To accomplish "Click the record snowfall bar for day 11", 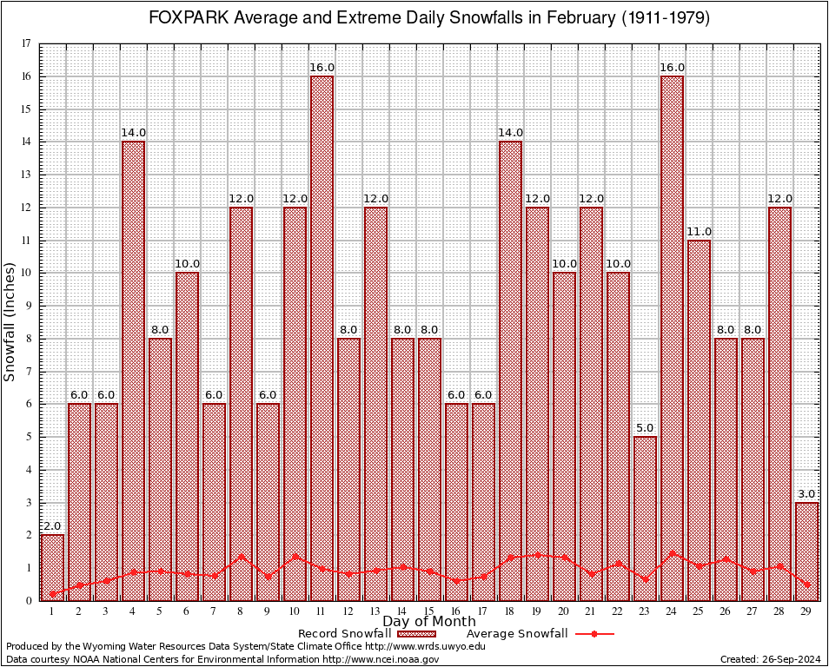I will pyautogui.click(x=322, y=339).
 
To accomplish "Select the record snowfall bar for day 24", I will pyautogui.click(x=672, y=339).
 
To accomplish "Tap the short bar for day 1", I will pyautogui.click(x=52, y=567).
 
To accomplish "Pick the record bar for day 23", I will pyautogui.click(x=645, y=518).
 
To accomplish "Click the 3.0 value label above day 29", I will pyautogui.click(x=806, y=493).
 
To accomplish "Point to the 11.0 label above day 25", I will pyautogui.click(x=699, y=231).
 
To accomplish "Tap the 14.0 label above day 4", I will pyautogui.click(x=133, y=133).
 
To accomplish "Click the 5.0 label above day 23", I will pyautogui.click(x=645, y=428).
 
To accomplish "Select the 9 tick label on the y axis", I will pyautogui.click(x=29, y=306).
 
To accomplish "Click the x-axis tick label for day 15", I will pyautogui.click(x=429, y=611).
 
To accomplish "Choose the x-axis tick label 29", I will pyautogui.click(x=806, y=611).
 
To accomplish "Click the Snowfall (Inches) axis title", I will pyautogui.click(x=10, y=321).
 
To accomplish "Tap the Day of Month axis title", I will pyautogui.click(x=428, y=622).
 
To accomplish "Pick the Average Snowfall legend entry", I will pyautogui.click(x=516, y=634).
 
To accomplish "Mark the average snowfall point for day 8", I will pyautogui.click(x=241, y=557).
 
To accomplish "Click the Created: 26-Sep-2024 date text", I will pyautogui.click(x=770, y=659).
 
